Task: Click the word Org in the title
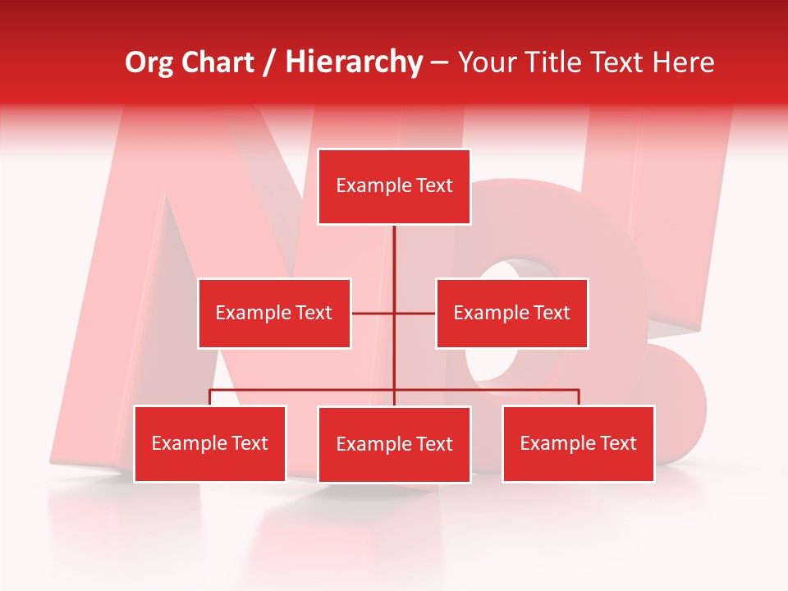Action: [150, 62]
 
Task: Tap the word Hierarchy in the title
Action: [354, 62]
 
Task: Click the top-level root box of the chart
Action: [394, 186]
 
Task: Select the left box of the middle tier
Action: [274, 313]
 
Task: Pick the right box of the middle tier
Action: [512, 313]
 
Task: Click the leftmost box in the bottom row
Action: [210, 443]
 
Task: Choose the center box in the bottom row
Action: [394, 444]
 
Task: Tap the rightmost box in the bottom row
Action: [579, 443]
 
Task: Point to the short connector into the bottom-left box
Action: [210, 397]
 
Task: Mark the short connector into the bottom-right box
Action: [579, 397]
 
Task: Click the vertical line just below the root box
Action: [394, 250]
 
